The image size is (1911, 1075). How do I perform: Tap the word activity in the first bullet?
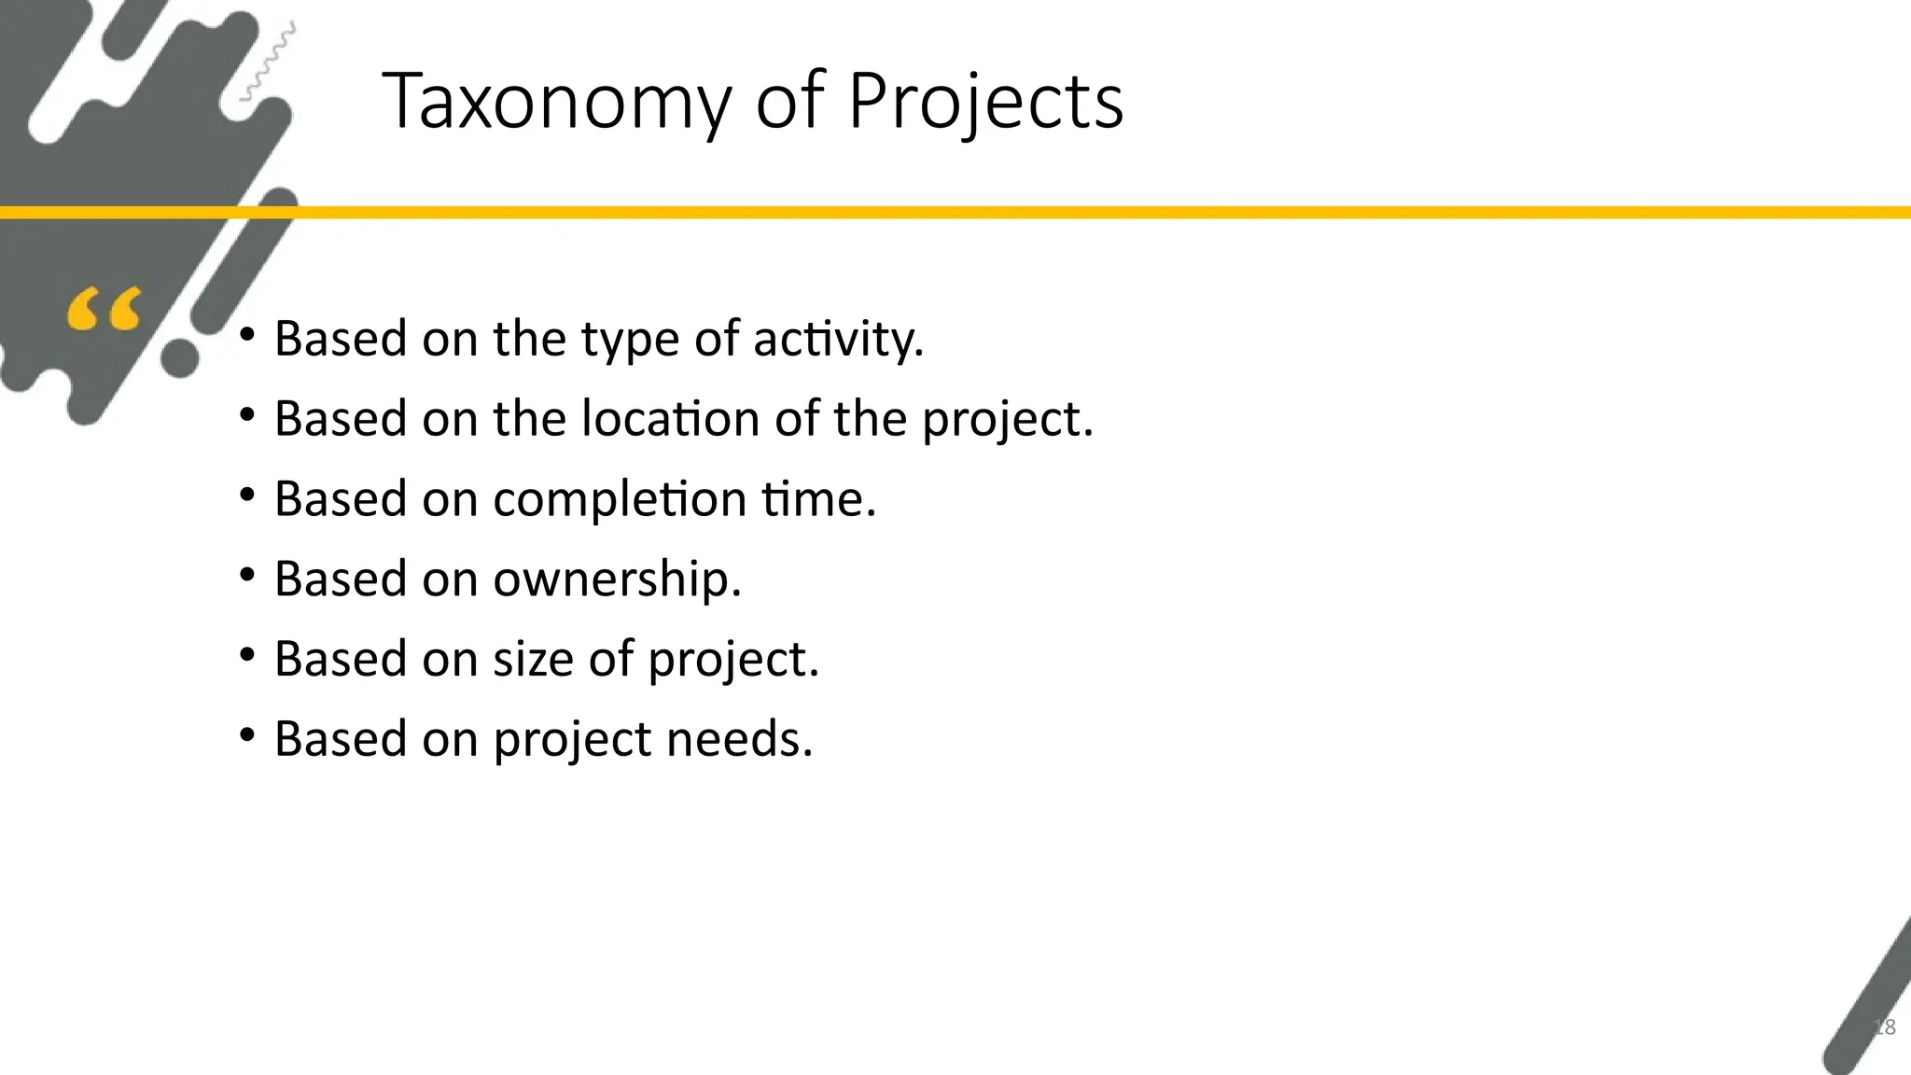(838, 339)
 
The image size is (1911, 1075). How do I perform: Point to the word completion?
(620, 499)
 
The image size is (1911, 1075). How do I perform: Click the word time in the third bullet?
(818, 498)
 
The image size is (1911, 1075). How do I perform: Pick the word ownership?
(616, 579)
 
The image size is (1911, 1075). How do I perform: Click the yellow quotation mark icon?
(105, 309)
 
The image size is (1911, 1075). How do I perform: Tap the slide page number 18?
(1884, 1027)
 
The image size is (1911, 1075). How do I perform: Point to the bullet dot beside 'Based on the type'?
(246, 335)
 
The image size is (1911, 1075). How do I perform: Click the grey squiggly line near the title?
(268, 62)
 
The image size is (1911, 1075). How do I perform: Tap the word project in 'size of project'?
(732, 661)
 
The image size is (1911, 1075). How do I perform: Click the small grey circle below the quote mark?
(180, 358)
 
